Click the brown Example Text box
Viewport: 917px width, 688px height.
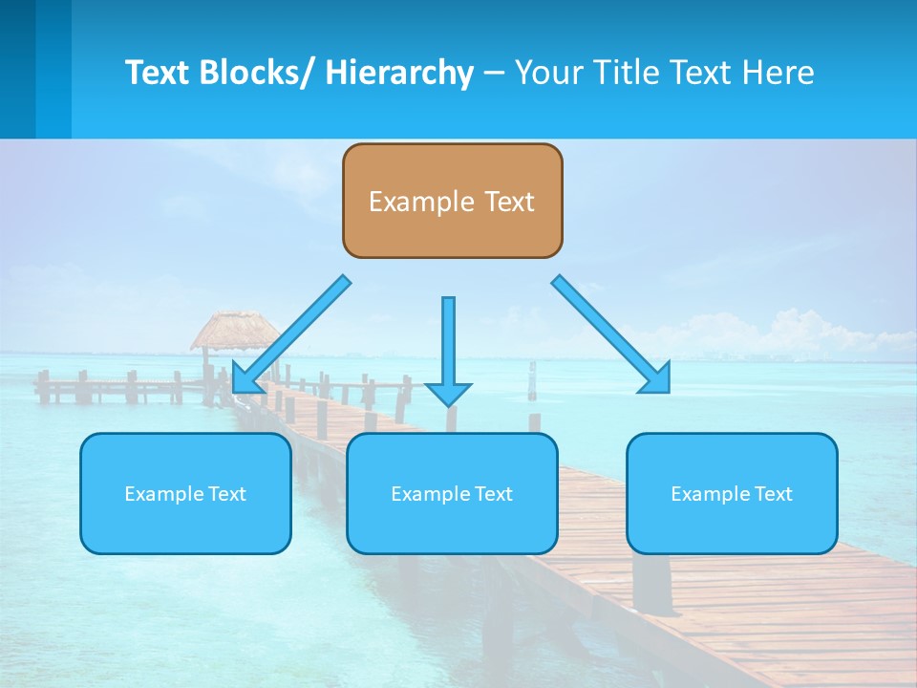(x=452, y=201)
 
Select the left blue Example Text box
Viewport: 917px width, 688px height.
(x=185, y=493)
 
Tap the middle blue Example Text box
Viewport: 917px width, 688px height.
(x=452, y=493)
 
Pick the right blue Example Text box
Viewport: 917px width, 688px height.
(x=732, y=493)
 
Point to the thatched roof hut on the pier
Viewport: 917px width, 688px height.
(x=233, y=330)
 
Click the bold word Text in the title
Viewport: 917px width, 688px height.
(x=157, y=73)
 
